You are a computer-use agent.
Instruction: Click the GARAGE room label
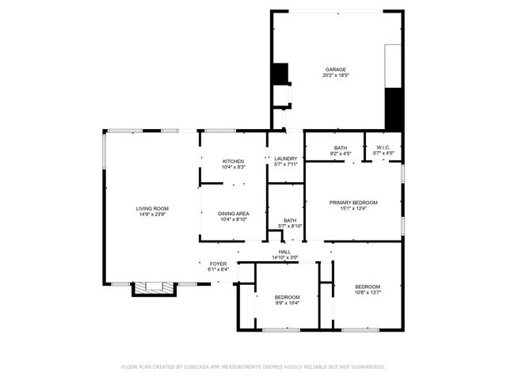click(335, 70)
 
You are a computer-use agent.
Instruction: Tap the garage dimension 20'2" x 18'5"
click(335, 76)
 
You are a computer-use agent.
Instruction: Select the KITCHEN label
click(233, 161)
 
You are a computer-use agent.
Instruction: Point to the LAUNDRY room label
click(285, 158)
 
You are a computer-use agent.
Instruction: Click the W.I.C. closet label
click(383, 147)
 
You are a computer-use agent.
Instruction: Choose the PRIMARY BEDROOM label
click(353, 203)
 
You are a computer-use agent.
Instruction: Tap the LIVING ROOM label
click(152, 208)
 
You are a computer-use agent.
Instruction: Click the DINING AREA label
click(234, 214)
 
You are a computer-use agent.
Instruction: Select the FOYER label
click(218, 264)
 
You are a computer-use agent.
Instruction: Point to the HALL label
click(284, 252)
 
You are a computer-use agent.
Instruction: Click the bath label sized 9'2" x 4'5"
click(340, 147)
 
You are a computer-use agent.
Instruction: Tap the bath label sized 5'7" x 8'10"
click(290, 221)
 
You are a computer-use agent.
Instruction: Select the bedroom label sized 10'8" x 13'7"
click(368, 287)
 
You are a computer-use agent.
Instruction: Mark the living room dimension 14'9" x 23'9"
click(152, 215)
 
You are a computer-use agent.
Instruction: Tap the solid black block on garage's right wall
click(394, 109)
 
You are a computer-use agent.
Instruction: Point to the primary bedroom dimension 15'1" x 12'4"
click(353, 209)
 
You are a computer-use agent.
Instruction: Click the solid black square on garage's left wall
click(280, 73)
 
